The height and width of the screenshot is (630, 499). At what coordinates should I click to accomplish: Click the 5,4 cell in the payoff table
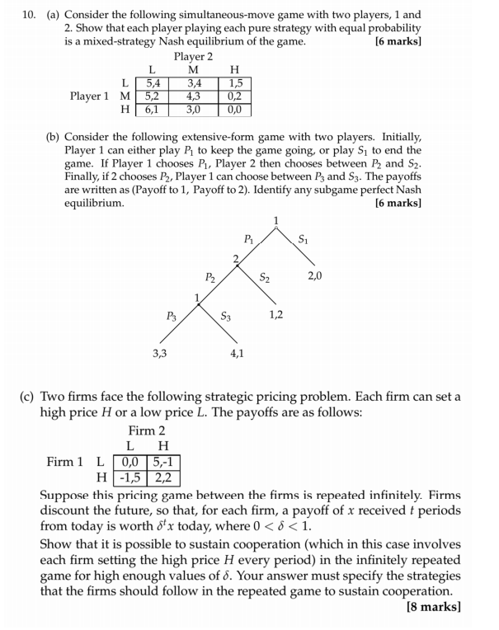152,82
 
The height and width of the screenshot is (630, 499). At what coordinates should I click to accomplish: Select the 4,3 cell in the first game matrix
194,96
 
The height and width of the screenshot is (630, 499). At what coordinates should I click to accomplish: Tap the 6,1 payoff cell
152,109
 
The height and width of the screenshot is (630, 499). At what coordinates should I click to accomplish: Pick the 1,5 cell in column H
235,82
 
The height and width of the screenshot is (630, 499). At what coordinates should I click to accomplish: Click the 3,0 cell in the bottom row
194,109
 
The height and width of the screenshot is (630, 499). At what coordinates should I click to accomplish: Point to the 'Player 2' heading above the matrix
194,56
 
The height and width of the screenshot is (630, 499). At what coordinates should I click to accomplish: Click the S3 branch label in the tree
226,315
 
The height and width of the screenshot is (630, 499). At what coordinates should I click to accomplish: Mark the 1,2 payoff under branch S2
277,314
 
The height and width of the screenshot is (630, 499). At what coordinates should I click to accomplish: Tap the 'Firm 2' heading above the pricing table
147,431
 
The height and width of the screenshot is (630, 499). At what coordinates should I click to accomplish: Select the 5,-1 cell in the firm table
165,462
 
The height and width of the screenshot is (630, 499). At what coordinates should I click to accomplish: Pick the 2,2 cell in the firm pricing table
165,477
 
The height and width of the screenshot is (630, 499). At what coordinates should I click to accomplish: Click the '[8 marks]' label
434,608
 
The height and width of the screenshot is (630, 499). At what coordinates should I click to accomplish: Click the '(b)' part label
52,136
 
